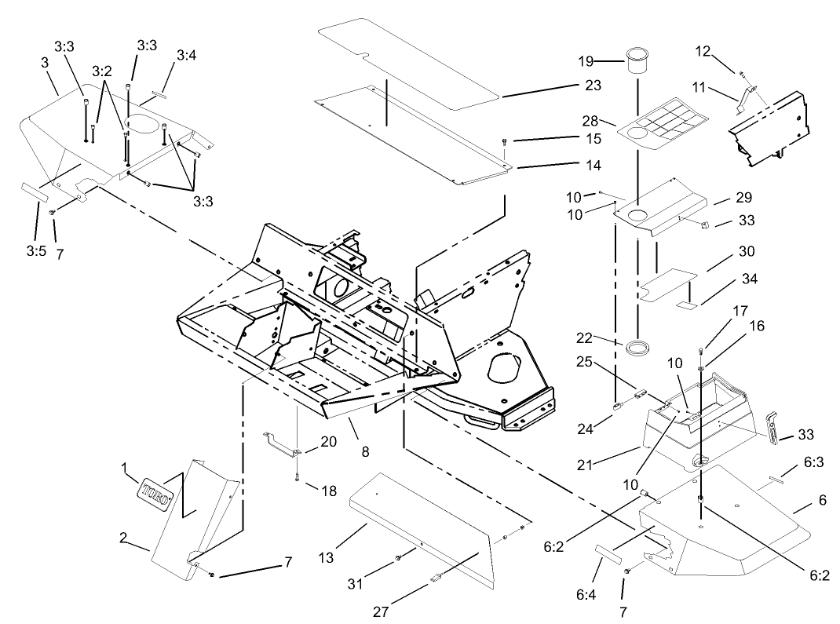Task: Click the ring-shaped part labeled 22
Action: [x=641, y=345]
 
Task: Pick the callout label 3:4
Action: [x=186, y=55]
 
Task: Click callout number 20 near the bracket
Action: [x=328, y=441]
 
